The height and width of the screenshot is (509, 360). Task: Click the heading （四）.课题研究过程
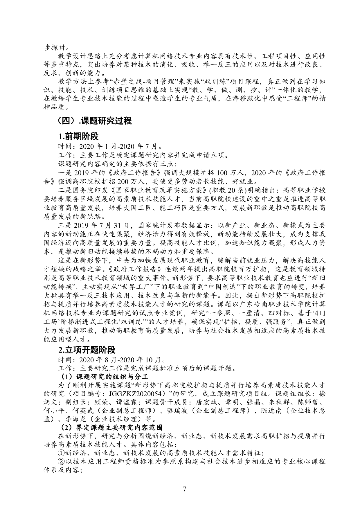pos(95,121)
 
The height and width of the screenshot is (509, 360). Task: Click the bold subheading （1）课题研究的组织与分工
pos(104,377)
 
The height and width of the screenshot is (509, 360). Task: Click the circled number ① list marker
pos(61,453)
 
